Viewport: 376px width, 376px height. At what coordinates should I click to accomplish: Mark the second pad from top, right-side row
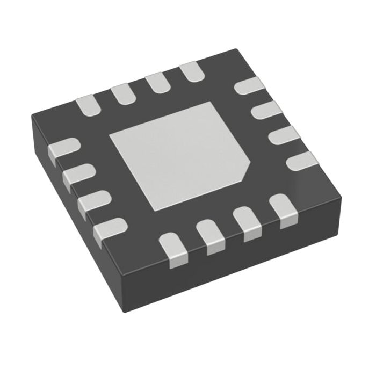(x=267, y=111)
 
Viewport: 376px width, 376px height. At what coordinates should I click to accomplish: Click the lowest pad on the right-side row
(x=301, y=161)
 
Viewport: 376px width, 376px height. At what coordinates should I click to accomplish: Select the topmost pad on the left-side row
(x=64, y=149)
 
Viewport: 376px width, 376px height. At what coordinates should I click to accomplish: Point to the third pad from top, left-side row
(x=93, y=202)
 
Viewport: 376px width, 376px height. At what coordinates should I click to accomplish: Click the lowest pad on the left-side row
(x=110, y=229)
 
